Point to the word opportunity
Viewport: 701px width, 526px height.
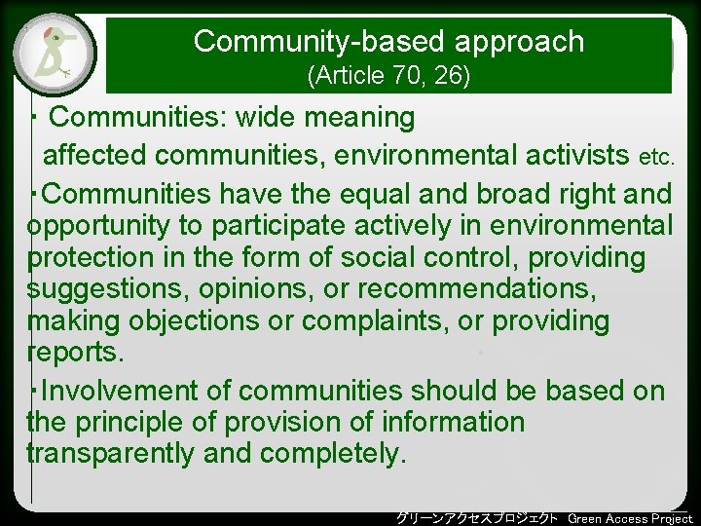click(x=100, y=227)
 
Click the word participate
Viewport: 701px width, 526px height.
click(x=298, y=227)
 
